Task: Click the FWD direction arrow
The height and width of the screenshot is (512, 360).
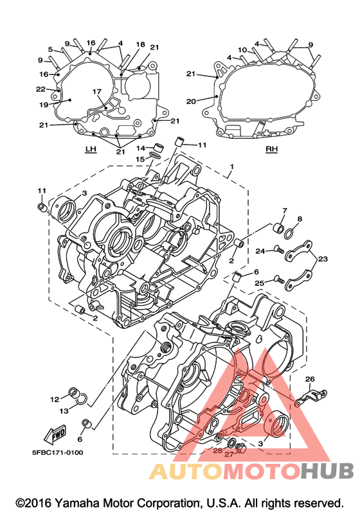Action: coord(55,434)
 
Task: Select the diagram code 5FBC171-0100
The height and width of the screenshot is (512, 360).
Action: coord(57,452)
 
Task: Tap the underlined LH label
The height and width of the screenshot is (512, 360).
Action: coord(91,149)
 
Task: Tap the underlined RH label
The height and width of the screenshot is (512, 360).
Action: coord(271,149)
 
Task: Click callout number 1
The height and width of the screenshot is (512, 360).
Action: coord(231,167)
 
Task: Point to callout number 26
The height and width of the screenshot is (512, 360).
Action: coord(310,379)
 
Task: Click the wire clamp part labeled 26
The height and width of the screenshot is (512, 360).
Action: coord(310,396)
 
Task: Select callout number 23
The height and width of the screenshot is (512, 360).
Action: coord(323,259)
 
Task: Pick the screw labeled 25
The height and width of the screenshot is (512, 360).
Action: coord(279,280)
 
